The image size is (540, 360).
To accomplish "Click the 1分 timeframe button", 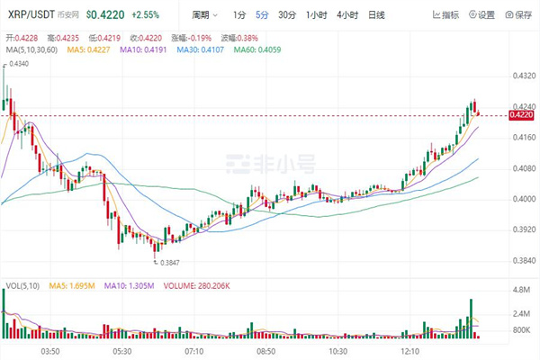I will click(x=238, y=15).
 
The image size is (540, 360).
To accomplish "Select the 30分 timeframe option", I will click(x=286, y=15).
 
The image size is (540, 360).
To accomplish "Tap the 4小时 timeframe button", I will click(x=348, y=15).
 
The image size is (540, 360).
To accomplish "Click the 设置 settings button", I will click(x=481, y=15).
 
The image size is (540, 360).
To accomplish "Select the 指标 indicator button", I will click(x=444, y=15).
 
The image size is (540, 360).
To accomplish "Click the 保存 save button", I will click(x=520, y=15).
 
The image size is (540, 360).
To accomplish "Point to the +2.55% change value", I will click(x=147, y=15).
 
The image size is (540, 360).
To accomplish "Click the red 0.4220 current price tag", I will click(x=523, y=114).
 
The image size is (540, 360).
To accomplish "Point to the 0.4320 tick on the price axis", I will click(x=523, y=76).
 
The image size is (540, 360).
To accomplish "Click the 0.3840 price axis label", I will click(x=523, y=261).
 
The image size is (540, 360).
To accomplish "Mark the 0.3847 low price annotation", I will click(x=169, y=262).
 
